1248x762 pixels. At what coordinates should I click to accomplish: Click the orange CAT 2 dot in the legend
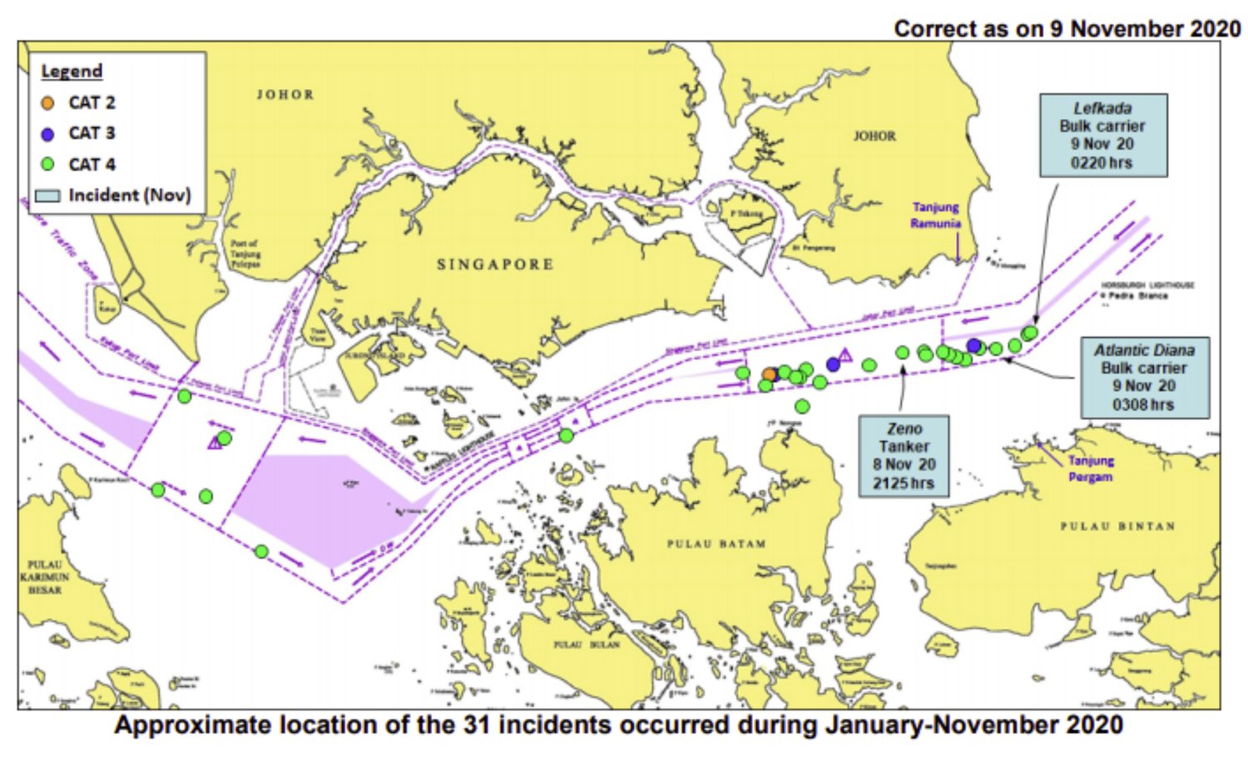(48, 103)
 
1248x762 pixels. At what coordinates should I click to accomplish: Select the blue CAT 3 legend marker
(48, 134)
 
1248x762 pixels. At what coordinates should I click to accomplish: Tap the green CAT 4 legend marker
(48, 165)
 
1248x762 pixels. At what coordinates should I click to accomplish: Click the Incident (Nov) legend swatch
(48, 196)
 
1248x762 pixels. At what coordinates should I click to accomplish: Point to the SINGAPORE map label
(495, 265)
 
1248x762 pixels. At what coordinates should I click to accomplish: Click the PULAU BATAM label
(716, 544)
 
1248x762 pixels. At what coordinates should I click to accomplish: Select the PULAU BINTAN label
(1117, 527)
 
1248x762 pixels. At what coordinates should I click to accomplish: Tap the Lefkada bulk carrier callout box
(1102, 135)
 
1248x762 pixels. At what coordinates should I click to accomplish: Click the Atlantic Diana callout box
(1144, 377)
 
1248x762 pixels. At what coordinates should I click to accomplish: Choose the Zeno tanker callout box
(904, 456)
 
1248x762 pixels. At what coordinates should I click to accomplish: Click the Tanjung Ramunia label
(936, 215)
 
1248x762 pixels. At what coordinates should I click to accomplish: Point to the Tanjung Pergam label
(1091, 468)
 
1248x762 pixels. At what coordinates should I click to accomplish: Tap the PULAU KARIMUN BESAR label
(45, 576)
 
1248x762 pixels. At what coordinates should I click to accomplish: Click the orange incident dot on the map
(770, 375)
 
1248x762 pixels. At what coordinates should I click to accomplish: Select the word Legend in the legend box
(72, 72)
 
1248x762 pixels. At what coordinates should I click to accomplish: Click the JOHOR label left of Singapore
(285, 95)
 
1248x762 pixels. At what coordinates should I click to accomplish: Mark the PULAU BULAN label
(587, 645)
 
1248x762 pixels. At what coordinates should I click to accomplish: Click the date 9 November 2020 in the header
(1145, 28)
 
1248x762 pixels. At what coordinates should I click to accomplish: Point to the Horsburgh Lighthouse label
(1147, 285)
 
